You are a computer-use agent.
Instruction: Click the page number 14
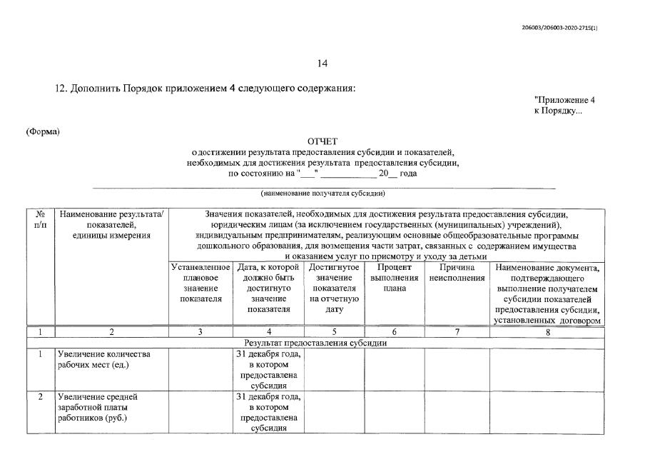click(x=322, y=64)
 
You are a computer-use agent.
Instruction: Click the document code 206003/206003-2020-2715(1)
click(x=559, y=28)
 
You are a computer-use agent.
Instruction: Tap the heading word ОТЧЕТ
click(x=322, y=141)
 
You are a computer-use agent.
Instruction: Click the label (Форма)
click(x=43, y=131)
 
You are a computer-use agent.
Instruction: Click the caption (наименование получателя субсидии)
click(x=322, y=193)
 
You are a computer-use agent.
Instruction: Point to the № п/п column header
click(x=41, y=219)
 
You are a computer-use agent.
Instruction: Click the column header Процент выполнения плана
click(x=395, y=278)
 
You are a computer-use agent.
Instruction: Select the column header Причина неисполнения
click(x=457, y=273)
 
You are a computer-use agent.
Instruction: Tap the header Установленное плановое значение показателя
click(x=200, y=283)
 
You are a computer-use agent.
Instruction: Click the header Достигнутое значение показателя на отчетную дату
click(x=335, y=288)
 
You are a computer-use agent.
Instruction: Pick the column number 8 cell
click(x=547, y=332)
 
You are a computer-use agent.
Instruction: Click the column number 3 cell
click(x=200, y=332)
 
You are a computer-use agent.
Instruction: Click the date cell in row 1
click(x=268, y=369)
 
